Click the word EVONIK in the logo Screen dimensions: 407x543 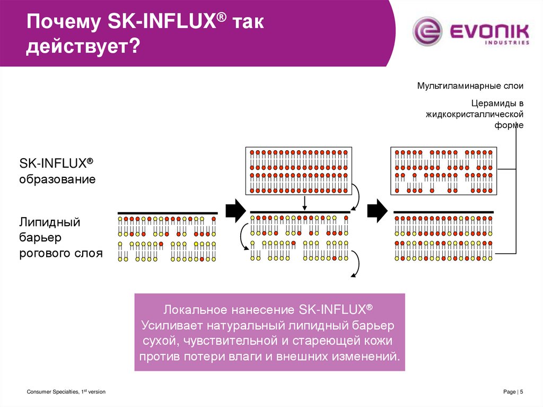pyautogui.click(x=488, y=30)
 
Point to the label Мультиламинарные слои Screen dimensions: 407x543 pyautogui.click(x=470, y=85)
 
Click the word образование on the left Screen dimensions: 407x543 pyautogui.click(x=57, y=179)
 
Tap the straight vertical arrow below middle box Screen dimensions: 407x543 pyautogui.click(x=304, y=203)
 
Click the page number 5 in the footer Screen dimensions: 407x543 pyautogui.click(x=522, y=392)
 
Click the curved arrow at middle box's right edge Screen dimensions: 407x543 pyautogui.click(x=357, y=198)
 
